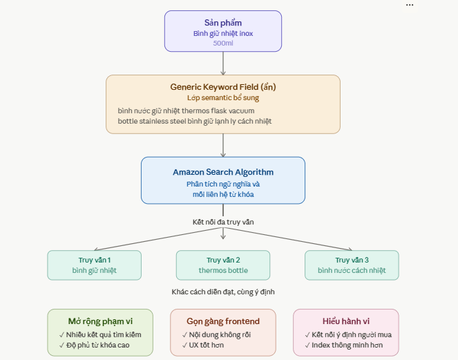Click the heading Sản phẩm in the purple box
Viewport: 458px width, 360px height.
point(223,23)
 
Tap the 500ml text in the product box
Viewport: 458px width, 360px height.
point(223,44)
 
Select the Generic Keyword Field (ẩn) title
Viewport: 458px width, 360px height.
point(223,87)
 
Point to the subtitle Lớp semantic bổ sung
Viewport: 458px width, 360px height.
point(223,98)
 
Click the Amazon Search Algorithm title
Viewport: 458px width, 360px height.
point(223,172)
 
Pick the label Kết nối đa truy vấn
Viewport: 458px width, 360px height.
point(223,222)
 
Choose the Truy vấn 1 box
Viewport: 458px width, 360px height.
point(95,265)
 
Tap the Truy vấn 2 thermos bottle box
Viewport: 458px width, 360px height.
point(223,265)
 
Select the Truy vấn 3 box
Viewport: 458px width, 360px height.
point(352,265)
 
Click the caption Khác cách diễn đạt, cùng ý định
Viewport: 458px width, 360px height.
point(223,292)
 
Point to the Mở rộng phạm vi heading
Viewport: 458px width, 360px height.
point(100,321)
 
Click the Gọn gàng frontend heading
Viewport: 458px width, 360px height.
point(223,321)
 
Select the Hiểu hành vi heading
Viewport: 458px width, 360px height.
point(346,321)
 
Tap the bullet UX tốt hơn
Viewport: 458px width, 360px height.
point(203,345)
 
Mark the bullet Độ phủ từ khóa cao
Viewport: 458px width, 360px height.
point(95,345)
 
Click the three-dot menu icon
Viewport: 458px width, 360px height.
point(410,5)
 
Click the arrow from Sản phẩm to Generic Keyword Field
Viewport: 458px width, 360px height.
point(223,64)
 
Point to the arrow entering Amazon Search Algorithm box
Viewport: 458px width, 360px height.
point(223,145)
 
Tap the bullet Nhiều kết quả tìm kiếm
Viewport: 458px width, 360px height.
point(100,334)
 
